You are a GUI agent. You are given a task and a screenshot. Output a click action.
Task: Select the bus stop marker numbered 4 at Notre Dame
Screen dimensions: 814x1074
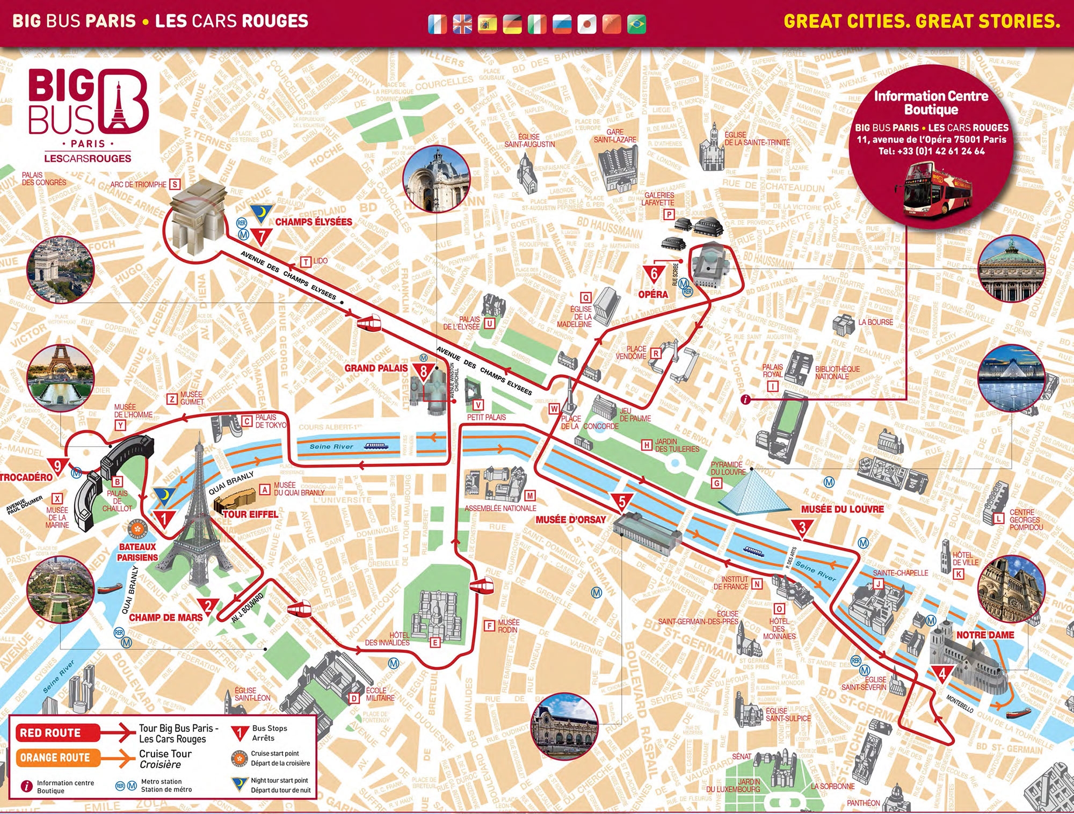[x=942, y=674]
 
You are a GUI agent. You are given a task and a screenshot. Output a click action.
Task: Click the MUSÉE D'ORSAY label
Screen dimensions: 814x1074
[x=570, y=520]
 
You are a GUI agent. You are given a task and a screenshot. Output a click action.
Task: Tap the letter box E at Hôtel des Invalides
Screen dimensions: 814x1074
[x=435, y=643]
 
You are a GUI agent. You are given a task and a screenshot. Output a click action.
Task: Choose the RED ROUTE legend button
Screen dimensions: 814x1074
[x=50, y=733]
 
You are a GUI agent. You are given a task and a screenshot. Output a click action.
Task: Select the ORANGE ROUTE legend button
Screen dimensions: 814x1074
[x=55, y=758]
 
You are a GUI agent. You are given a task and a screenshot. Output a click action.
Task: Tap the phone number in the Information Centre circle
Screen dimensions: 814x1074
[x=932, y=151]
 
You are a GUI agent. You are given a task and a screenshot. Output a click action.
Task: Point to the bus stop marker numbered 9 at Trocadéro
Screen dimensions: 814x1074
[x=57, y=466]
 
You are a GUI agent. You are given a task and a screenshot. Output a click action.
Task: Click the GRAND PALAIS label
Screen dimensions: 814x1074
[x=376, y=368]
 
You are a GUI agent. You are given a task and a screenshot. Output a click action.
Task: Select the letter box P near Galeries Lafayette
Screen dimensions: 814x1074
[x=669, y=214]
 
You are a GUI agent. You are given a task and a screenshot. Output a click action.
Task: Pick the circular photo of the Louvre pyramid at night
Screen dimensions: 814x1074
[x=1012, y=379]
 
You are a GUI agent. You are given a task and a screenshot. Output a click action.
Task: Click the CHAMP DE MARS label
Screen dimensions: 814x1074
[x=166, y=617]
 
